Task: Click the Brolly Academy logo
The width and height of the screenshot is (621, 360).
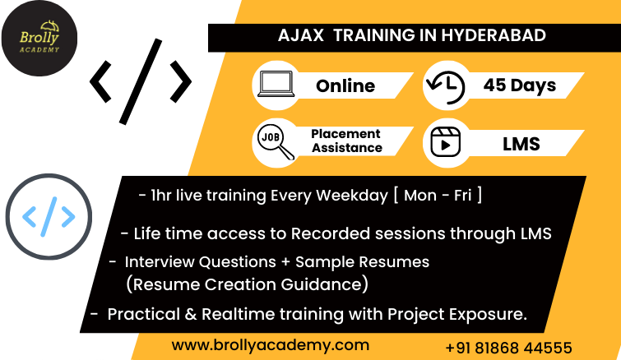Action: tap(39, 39)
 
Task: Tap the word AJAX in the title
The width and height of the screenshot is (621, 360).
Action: tap(301, 35)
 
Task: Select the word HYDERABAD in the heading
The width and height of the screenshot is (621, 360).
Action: tap(494, 35)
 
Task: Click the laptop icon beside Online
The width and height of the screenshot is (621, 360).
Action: tap(276, 84)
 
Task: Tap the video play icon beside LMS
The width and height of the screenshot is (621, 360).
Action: tap(445, 142)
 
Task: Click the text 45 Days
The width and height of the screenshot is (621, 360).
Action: tap(520, 85)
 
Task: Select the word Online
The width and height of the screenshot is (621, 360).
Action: tap(345, 85)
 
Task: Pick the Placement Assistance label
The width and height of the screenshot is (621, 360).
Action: tap(346, 141)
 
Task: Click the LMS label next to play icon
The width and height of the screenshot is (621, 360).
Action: tap(521, 144)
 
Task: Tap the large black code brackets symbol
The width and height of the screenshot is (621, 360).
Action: tap(141, 81)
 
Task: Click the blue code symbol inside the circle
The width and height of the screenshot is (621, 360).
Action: tap(49, 216)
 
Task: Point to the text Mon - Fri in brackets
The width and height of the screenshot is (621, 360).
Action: tap(438, 196)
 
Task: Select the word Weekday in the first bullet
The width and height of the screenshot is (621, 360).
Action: tap(352, 196)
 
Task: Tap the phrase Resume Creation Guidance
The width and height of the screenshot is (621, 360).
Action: tap(247, 284)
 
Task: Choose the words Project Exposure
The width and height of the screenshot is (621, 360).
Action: tap(457, 315)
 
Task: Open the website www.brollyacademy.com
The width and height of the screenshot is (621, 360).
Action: tap(271, 345)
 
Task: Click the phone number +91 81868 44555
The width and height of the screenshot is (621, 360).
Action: tap(508, 348)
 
